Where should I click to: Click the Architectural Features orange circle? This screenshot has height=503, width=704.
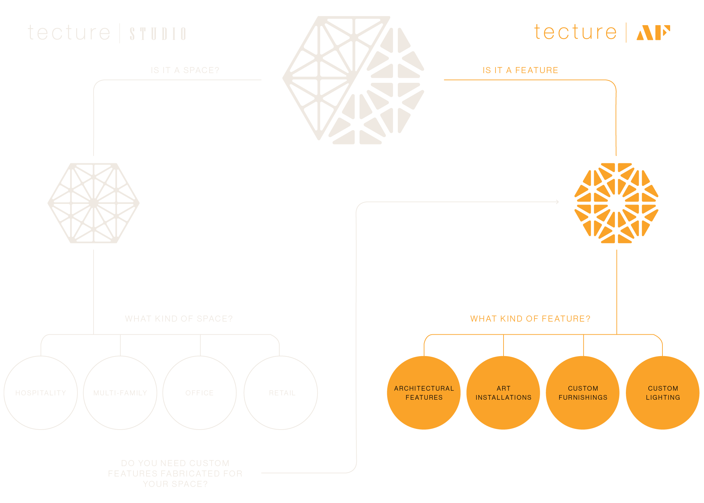[424, 393]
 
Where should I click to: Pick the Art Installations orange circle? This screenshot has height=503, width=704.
[503, 393]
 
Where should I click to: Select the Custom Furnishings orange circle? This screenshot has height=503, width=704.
[583, 393]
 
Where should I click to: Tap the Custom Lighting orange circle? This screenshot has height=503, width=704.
[663, 393]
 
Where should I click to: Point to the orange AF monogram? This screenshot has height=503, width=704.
[653, 33]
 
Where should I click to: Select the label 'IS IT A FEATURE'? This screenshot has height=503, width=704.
[520, 70]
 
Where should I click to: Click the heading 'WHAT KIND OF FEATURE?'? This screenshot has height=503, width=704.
[530, 319]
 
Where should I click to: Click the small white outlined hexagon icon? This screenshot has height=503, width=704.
[94, 203]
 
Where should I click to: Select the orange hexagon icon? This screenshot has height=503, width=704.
[616, 203]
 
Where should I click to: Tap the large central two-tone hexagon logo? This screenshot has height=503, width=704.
[354, 80]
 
